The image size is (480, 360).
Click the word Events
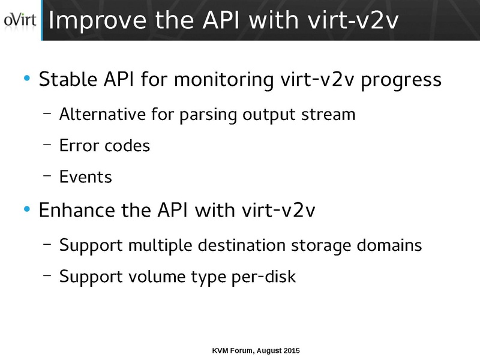[86, 178]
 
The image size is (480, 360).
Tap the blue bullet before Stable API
[26, 80]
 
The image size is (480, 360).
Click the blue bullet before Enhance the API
[26, 211]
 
